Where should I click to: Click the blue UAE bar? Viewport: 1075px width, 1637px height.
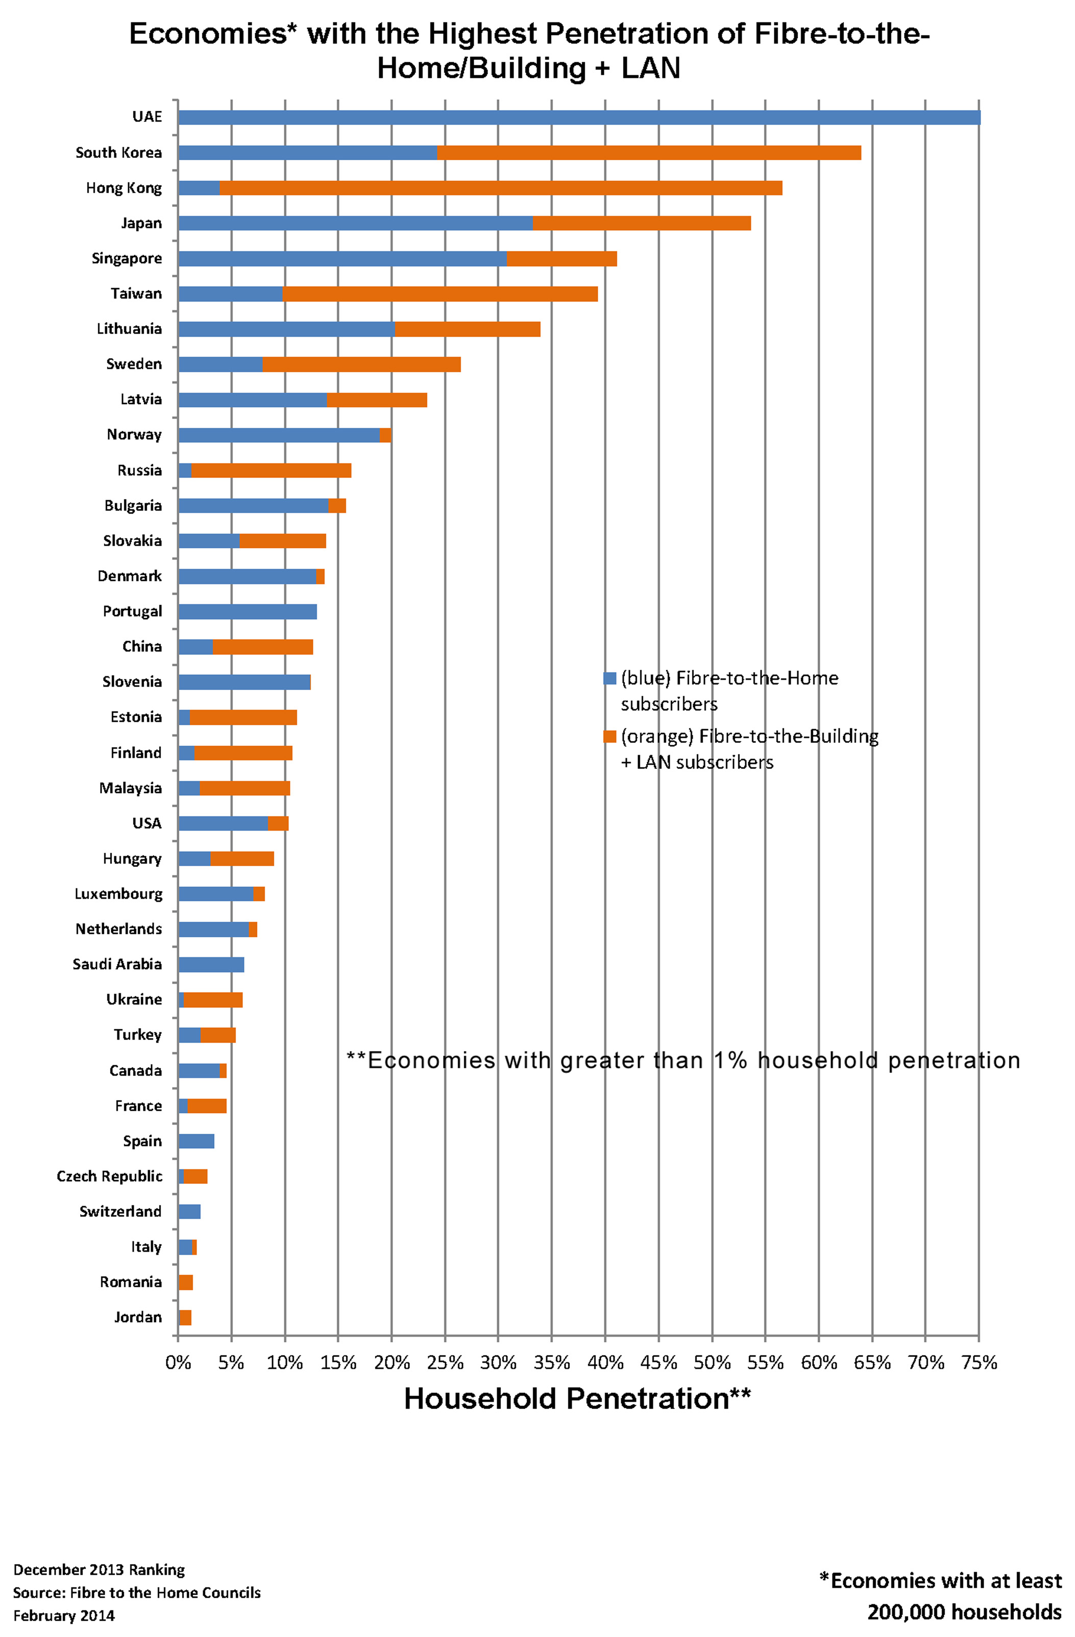click(578, 117)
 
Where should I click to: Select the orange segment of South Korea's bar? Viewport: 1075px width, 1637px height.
click(649, 153)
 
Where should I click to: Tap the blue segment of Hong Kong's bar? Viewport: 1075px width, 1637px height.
click(198, 188)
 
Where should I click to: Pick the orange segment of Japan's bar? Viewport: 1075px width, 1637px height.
click(641, 223)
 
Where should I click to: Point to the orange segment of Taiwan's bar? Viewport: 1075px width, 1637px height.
click(440, 294)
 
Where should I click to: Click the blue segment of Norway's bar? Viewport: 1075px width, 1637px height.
click(279, 435)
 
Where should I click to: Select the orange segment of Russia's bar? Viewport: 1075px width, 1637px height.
click(271, 471)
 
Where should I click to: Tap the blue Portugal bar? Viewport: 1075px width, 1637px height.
click(247, 612)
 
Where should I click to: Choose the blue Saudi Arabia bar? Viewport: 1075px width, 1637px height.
click(210, 964)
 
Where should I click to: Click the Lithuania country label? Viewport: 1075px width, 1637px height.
click(129, 329)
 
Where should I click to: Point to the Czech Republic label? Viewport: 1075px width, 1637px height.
click(109, 1176)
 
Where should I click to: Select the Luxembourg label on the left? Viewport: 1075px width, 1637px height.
click(118, 894)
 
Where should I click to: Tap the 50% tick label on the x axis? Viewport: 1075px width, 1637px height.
click(712, 1362)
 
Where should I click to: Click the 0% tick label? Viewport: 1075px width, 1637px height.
click(178, 1362)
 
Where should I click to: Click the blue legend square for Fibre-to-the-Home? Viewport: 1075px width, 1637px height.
click(609, 678)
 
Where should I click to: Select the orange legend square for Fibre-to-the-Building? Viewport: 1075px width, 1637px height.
click(609, 737)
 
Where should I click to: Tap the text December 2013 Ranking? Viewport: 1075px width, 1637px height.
click(99, 1570)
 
